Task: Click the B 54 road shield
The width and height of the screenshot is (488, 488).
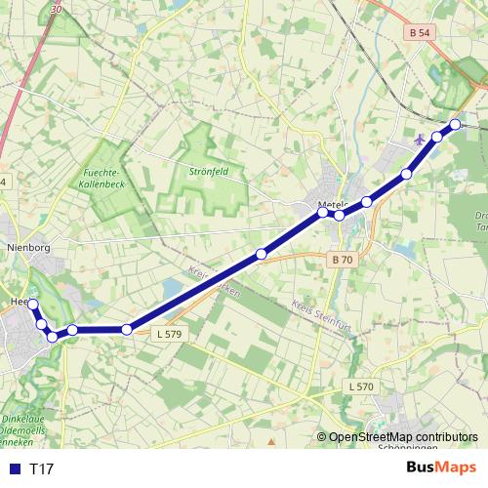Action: tap(420, 32)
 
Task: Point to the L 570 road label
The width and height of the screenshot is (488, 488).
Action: tap(361, 387)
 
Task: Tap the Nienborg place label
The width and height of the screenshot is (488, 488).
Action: tap(27, 248)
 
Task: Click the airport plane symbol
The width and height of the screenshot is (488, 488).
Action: tap(421, 139)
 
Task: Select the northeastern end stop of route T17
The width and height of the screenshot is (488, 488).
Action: tap(455, 125)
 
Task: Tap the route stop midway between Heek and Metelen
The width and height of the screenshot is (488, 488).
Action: tap(261, 255)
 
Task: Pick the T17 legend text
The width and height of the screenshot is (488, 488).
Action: tap(42, 469)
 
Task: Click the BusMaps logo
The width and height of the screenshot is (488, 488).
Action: tap(441, 468)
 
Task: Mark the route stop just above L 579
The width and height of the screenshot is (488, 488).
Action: tap(127, 330)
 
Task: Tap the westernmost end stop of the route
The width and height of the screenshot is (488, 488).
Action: tap(32, 305)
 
